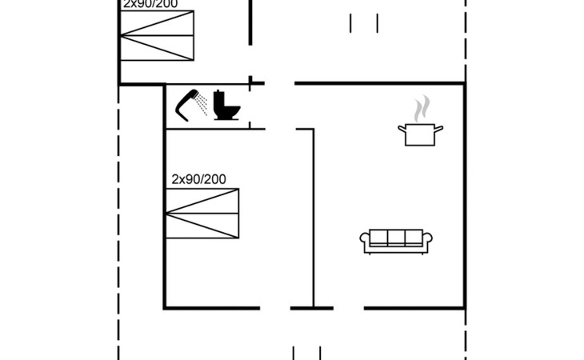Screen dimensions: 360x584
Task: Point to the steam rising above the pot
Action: pyautogui.click(x=422, y=108)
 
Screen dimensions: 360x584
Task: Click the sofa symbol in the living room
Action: pyautogui.click(x=396, y=241)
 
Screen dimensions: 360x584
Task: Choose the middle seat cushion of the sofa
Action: pyautogui.click(x=396, y=238)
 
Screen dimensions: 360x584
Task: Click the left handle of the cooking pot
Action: pyautogui.click(x=402, y=128)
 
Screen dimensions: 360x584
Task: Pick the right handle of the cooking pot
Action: pyautogui.click(x=438, y=128)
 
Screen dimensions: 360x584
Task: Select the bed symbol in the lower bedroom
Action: pyautogui.click(x=202, y=213)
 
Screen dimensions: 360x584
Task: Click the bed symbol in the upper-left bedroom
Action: pyautogui.click(x=157, y=36)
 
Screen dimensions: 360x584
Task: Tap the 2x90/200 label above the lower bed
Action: pyautogui.click(x=198, y=179)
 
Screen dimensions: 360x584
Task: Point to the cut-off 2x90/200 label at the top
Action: pyautogui.click(x=150, y=4)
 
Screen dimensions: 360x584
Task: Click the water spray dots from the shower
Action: pyautogui.click(x=202, y=102)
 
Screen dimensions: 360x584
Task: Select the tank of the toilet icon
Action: pyautogui.click(x=220, y=100)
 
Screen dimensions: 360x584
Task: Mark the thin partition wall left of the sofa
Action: pyautogui.click(x=313, y=216)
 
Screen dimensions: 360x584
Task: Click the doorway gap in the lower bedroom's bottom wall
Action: pyautogui.click(x=274, y=307)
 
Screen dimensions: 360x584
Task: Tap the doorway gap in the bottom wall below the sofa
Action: pyautogui.click(x=349, y=307)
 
